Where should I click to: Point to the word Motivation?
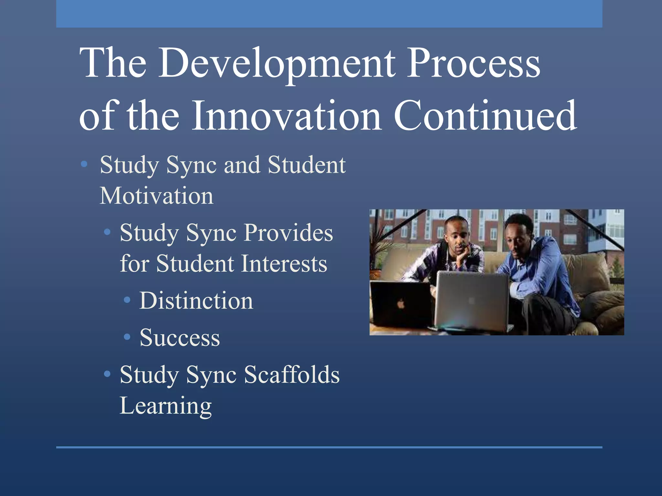tap(156, 196)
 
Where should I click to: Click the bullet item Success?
tap(180, 338)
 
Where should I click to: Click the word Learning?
tap(165, 406)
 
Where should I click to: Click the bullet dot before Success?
tap(127, 337)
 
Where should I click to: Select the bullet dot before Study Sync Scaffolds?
tap(107, 374)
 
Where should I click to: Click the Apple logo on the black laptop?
tap(401, 304)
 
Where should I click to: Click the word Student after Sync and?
tap(307, 165)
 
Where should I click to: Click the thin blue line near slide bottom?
tap(329, 447)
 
